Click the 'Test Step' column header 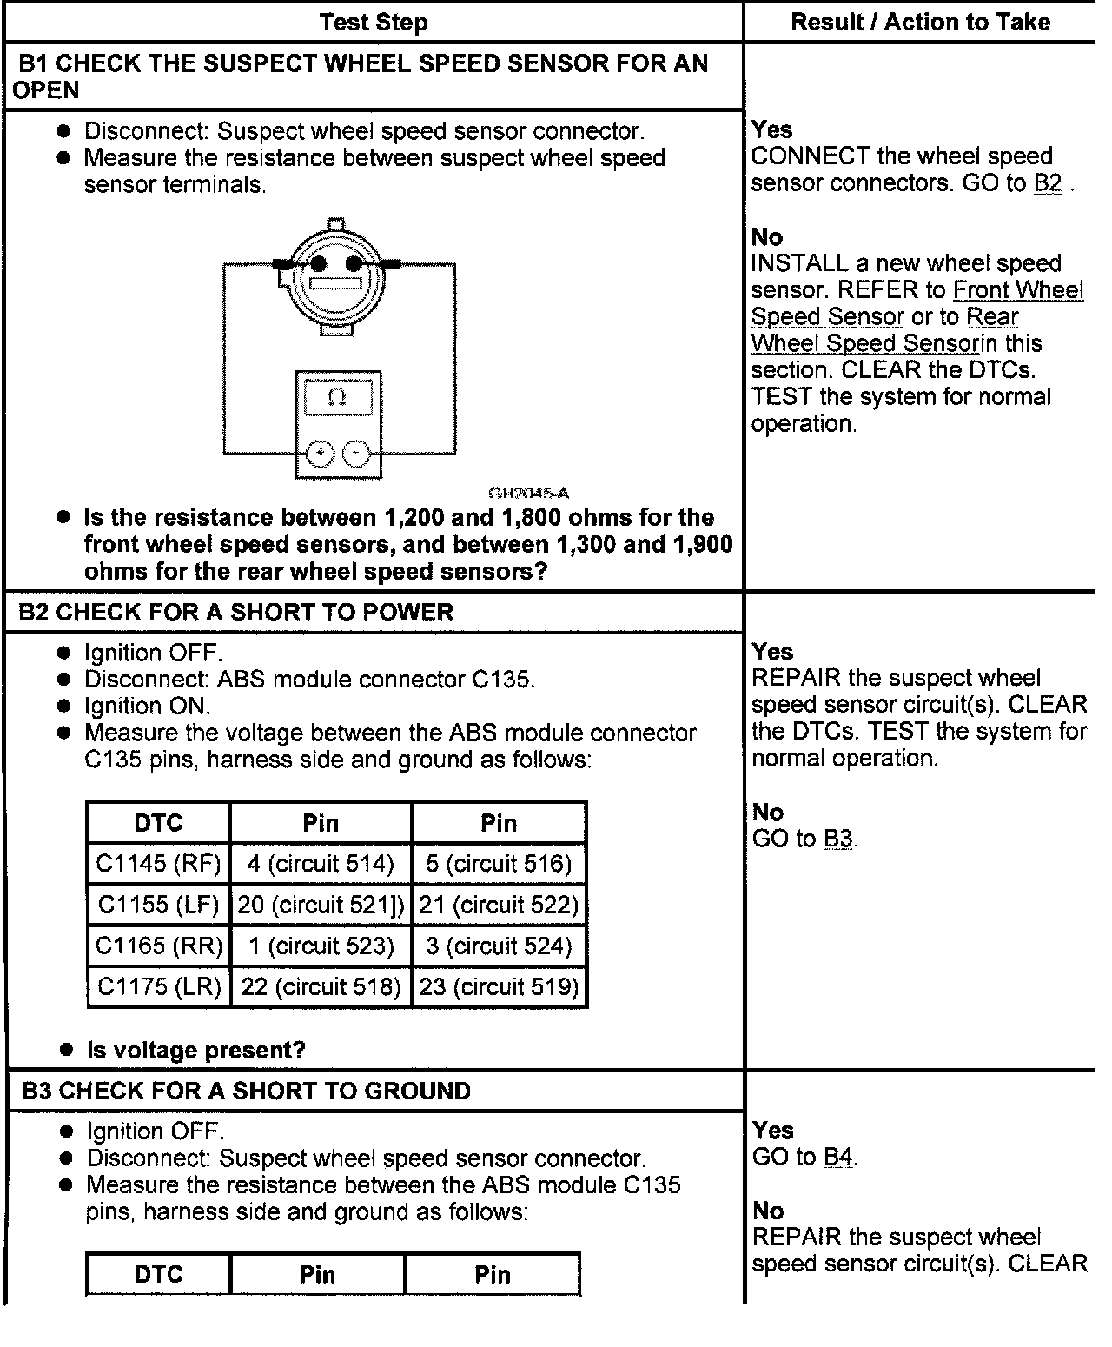point(374,23)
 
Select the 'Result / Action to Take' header point(920,23)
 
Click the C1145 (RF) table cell point(159,864)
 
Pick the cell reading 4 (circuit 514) point(321,864)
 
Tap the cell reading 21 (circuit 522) point(500,905)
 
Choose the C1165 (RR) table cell point(159,946)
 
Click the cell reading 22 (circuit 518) point(321,986)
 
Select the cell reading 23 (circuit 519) point(500,986)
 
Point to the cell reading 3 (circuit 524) point(500,946)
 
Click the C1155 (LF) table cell point(159,905)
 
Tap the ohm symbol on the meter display point(337,398)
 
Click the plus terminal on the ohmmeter point(321,453)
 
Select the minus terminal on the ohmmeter point(356,453)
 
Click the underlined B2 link point(1048,183)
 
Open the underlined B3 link point(838,839)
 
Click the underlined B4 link point(838,1158)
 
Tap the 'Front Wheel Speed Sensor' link point(1017,290)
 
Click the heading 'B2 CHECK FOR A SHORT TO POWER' point(236,613)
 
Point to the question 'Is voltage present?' point(196,1050)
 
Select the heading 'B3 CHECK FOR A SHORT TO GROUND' point(246,1092)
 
